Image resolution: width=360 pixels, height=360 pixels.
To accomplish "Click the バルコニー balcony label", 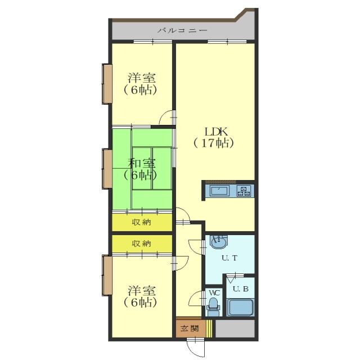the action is pyautogui.click(x=182, y=30).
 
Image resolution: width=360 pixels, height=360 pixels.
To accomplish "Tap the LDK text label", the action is pyautogui.click(x=216, y=132).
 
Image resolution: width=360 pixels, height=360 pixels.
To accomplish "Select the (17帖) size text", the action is pyautogui.click(x=214, y=143).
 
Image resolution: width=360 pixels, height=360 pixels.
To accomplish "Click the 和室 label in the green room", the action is pyautogui.click(x=142, y=164).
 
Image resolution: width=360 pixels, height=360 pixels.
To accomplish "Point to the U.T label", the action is pyautogui.click(x=229, y=258).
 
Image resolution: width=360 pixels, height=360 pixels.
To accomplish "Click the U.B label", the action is pyautogui.click(x=241, y=289).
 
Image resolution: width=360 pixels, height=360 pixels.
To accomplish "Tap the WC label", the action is pyautogui.click(x=214, y=293).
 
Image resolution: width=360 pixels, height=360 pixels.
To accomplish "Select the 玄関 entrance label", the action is pyautogui.click(x=190, y=328).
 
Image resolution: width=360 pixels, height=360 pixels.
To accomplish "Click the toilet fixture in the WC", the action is pyautogui.click(x=213, y=307).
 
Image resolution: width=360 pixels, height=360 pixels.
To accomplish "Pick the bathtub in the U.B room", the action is pyautogui.click(x=240, y=308).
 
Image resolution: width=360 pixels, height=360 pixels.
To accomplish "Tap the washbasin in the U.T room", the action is pyautogui.click(x=219, y=242).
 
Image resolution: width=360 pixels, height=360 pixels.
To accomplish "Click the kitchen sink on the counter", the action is pyautogui.click(x=220, y=191).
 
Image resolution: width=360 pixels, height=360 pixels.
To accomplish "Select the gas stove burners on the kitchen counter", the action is pyautogui.click(x=244, y=191).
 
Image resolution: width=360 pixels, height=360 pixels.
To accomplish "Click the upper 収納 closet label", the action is pyautogui.click(x=141, y=222).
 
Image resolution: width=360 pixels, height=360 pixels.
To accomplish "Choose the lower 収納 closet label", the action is pyautogui.click(x=141, y=244).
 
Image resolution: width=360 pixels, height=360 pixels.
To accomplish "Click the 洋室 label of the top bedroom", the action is pyautogui.click(x=142, y=78).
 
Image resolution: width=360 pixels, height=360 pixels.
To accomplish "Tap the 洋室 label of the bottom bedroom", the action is pyautogui.click(x=142, y=291).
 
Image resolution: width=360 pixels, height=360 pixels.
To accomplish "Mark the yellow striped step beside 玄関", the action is pyautogui.click(x=209, y=328).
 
